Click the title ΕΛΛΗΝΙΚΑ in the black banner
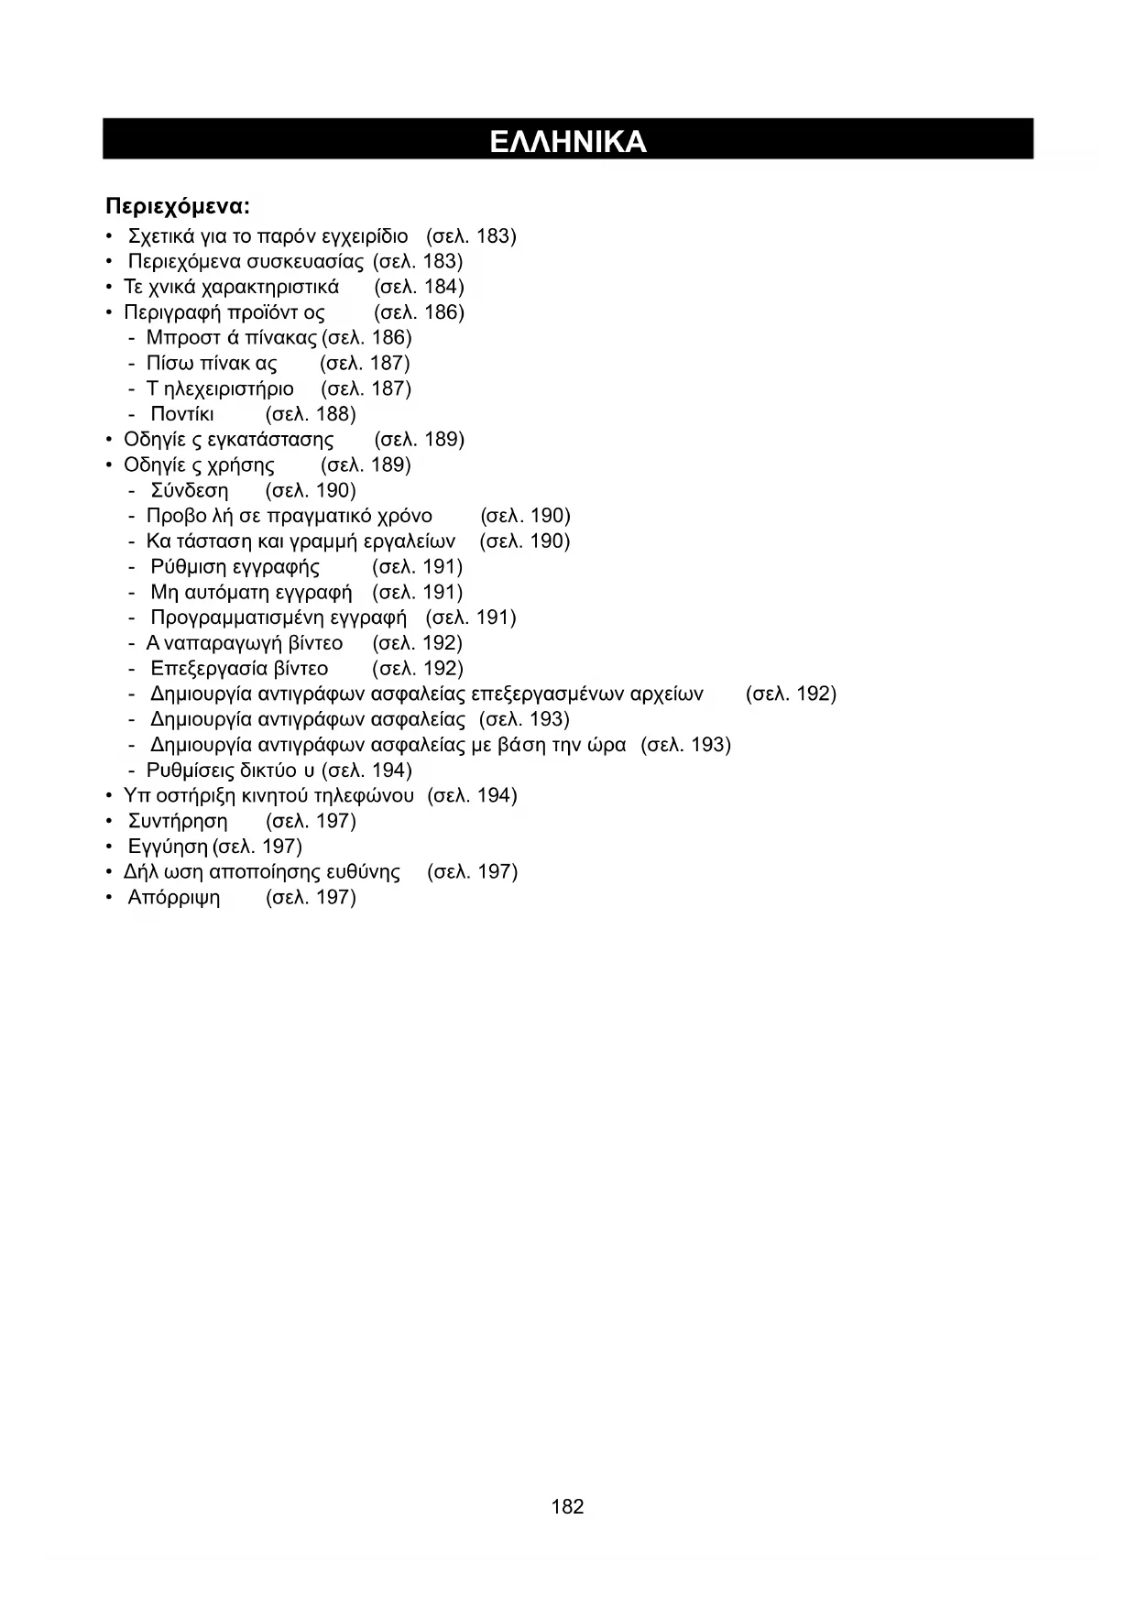tap(568, 141)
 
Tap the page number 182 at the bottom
tap(568, 1506)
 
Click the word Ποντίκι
tap(182, 414)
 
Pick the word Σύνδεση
tap(189, 490)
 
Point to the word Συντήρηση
tap(178, 821)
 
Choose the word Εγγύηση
tap(168, 847)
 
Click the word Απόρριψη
tap(174, 897)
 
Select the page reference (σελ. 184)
tap(420, 287)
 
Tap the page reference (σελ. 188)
tap(311, 414)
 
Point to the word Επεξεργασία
tap(210, 669)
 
